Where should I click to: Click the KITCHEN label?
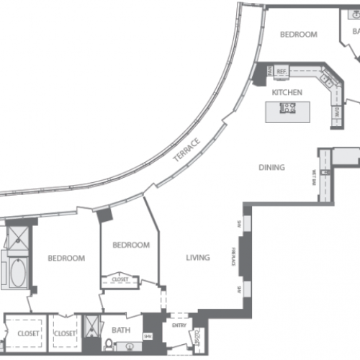click(x=287, y=93)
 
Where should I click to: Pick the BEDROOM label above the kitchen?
click(x=298, y=35)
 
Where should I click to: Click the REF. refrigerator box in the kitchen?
click(x=282, y=71)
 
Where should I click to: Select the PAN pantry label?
click(x=269, y=71)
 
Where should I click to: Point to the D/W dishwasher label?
click(x=336, y=113)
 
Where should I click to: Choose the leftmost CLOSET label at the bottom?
click(x=27, y=333)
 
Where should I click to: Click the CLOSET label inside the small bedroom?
click(x=120, y=279)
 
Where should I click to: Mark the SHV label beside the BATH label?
click(x=148, y=336)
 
